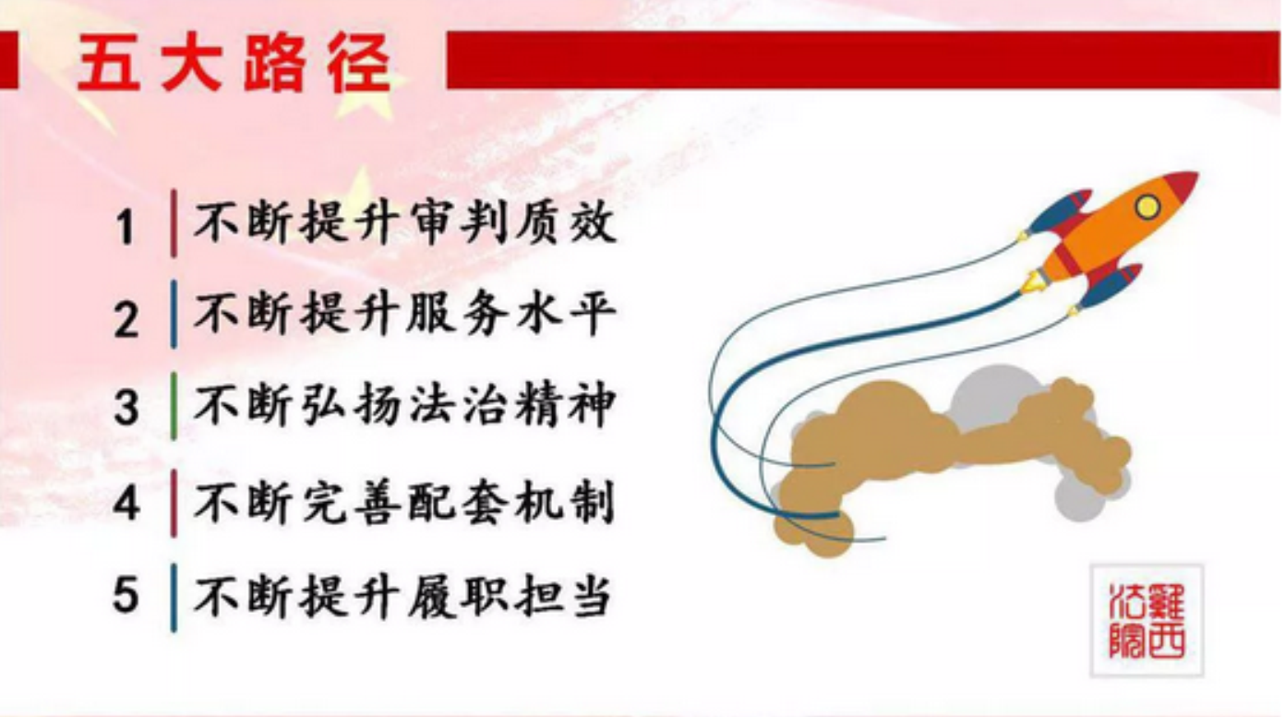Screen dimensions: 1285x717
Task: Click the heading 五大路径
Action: click(x=234, y=63)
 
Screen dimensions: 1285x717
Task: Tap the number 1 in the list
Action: click(x=125, y=228)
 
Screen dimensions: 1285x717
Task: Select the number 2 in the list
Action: click(x=126, y=319)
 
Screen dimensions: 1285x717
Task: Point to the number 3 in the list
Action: click(x=126, y=407)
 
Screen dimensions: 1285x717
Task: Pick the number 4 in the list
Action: click(x=126, y=503)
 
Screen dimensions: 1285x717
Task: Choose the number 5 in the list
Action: click(x=126, y=595)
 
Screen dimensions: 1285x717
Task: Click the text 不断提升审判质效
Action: click(x=405, y=223)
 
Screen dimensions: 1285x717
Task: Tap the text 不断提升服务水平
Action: click(x=405, y=315)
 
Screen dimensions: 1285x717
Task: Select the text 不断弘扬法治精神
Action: click(x=405, y=405)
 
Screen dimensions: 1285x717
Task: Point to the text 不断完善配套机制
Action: click(x=405, y=503)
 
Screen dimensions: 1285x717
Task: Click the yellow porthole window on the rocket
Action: click(x=1147, y=207)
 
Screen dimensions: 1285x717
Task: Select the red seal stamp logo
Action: click(x=1147, y=620)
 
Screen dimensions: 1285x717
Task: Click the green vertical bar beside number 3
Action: click(x=174, y=406)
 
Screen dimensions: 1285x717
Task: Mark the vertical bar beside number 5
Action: click(x=174, y=598)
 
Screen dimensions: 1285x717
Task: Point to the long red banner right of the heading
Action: click(x=863, y=60)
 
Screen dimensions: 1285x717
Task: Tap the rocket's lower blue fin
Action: click(x=1110, y=286)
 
